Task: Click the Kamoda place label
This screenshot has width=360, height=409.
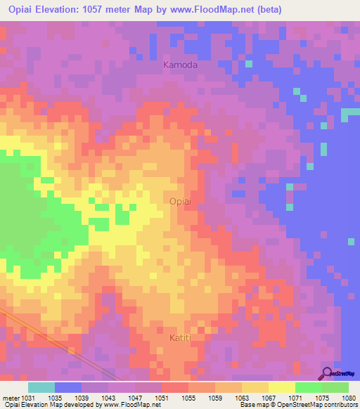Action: pos(181,65)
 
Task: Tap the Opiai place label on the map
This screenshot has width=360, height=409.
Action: pos(179,202)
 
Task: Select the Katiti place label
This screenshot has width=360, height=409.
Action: pos(181,338)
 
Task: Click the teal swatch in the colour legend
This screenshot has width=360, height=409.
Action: pos(41,387)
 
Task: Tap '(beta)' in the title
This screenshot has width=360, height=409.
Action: pos(270,10)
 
